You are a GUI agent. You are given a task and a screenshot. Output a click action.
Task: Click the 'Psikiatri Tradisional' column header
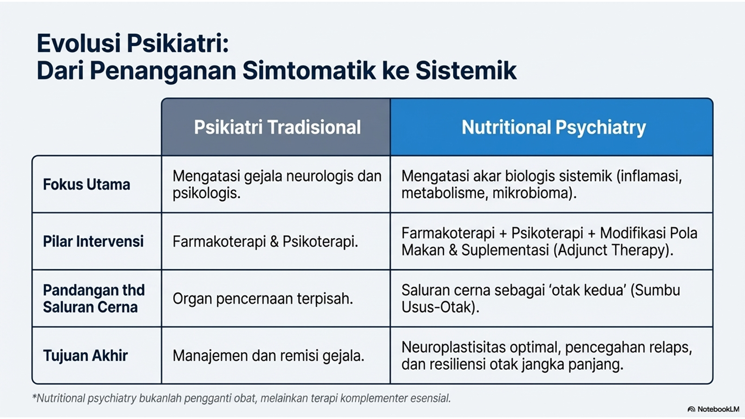click(278, 127)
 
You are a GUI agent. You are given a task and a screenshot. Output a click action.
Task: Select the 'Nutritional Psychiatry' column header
click(554, 127)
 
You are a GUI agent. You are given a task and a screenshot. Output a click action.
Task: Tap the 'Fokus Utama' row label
click(86, 184)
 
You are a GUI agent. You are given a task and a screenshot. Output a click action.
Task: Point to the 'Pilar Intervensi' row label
click(93, 241)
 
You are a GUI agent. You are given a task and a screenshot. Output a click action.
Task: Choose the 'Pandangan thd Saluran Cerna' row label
click(94, 299)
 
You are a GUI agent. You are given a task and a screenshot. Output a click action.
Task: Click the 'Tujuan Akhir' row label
click(86, 355)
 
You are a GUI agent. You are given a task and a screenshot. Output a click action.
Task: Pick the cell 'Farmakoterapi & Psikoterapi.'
click(265, 242)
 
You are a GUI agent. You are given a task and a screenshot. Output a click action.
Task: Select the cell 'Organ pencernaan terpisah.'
click(263, 299)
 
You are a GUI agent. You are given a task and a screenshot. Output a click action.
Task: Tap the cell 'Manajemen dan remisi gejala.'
click(268, 356)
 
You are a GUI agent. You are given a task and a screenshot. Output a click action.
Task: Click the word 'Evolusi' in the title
click(79, 44)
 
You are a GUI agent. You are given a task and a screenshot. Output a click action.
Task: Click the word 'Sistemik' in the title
click(466, 71)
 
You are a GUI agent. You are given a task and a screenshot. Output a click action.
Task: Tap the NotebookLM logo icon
click(691, 409)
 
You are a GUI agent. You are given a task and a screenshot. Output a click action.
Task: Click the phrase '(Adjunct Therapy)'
click(614, 251)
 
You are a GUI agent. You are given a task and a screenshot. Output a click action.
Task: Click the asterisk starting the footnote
click(34, 396)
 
